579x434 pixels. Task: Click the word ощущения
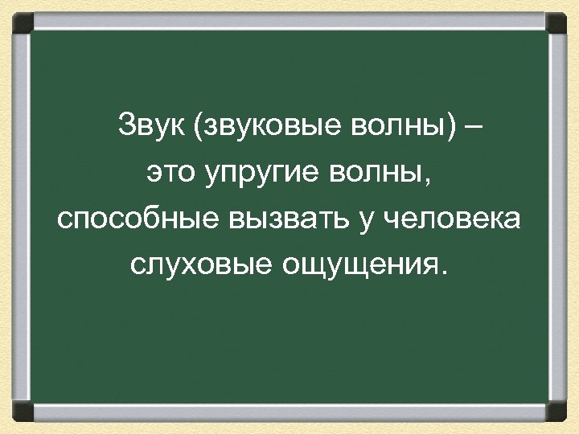(357, 266)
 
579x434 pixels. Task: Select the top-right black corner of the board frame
(559, 19)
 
